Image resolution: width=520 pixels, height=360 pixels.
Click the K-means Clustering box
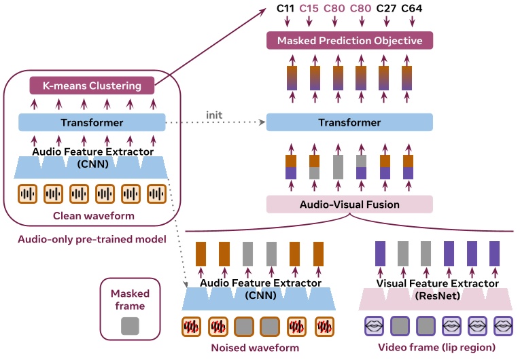point(92,86)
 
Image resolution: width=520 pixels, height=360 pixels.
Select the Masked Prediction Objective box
point(349,41)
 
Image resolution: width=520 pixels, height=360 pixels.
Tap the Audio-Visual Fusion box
point(349,204)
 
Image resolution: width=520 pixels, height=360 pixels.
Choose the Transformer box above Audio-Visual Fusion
point(349,123)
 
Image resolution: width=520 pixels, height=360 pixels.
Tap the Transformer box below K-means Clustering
point(92,123)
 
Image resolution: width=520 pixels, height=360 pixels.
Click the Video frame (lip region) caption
point(436,348)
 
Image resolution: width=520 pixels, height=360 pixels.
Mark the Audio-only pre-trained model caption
point(92,239)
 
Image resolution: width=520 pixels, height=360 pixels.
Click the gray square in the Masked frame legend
point(130,325)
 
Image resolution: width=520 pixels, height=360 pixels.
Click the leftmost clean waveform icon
point(27,194)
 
